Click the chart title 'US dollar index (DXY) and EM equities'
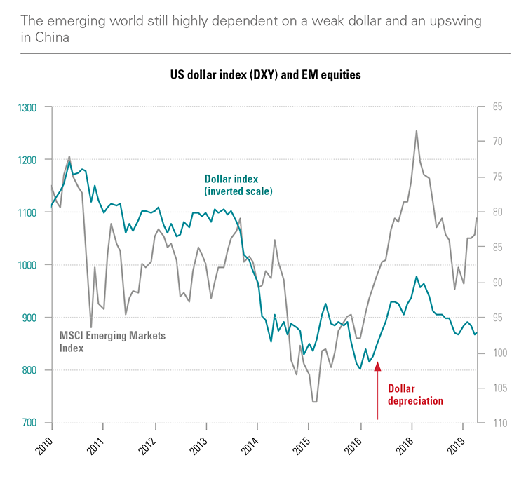[x=264, y=74]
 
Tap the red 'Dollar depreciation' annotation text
[x=415, y=395]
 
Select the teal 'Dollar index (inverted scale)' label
[x=238, y=184]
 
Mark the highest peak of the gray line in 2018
[x=417, y=131]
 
